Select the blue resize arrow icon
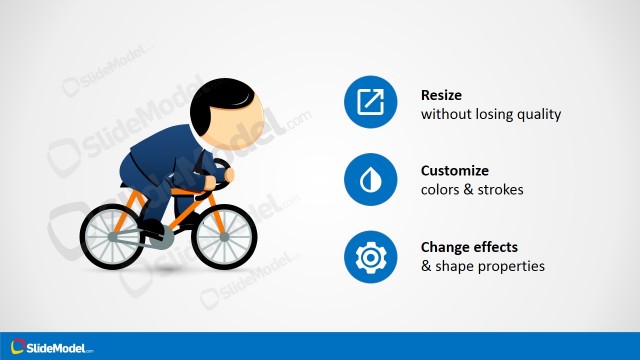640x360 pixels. point(370,103)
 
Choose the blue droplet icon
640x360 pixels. point(370,180)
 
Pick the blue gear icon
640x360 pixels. point(370,257)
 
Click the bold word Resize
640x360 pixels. point(442,95)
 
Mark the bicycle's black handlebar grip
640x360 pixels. point(221,168)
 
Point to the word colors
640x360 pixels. point(440,190)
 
